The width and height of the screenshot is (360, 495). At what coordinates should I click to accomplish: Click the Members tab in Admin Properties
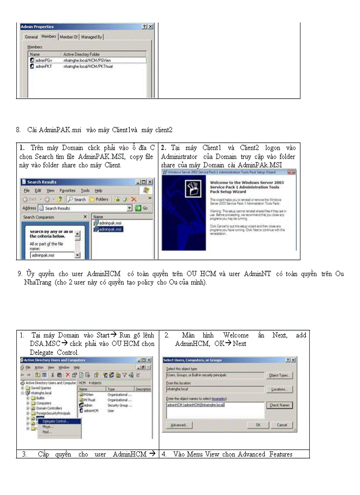point(49,37)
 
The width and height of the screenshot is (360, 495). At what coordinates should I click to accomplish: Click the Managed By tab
point(91,37)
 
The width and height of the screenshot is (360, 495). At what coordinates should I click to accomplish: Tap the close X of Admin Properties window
point(150,27)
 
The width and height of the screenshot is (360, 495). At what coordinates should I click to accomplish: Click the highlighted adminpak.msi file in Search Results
point(111,229)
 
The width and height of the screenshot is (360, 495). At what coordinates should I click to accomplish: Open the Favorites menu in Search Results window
point(67,190)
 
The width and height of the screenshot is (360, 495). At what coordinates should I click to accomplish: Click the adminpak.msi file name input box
point(52,255)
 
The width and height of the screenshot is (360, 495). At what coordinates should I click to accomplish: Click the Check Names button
point(280,405)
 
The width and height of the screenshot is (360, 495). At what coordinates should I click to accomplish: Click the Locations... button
point(280,389)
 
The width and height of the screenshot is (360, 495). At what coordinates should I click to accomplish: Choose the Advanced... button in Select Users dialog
point(179,425)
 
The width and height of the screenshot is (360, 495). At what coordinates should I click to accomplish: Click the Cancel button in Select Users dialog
point(281,425)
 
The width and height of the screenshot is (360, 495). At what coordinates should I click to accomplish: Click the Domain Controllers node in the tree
point(49,408)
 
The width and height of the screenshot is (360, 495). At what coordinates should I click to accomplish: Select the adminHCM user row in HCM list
point(90,410)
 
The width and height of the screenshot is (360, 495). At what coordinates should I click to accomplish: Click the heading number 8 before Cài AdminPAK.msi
point(18,130)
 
